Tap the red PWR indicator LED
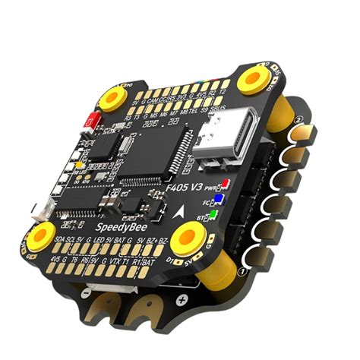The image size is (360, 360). coord(226,185)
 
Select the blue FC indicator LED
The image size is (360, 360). coord(219,201)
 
